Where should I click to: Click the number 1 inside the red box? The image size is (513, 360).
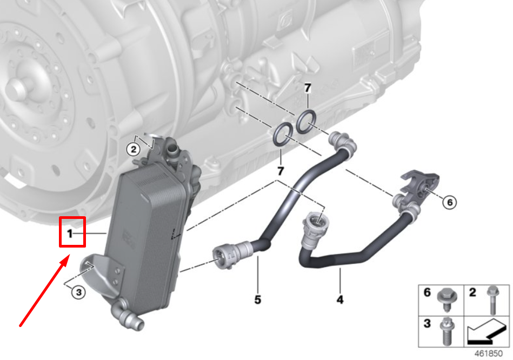[69, 234]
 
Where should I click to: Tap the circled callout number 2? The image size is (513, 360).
[133, 150]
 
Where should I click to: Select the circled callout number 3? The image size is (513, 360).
[78, 291]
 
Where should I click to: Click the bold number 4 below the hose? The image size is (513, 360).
[340, 299]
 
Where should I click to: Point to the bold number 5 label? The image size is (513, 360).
[257, 299]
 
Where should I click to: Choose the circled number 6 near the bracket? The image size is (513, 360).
[450, 202]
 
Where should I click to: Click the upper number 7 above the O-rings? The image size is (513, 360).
[308, 88]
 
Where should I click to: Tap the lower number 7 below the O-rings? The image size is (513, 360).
[281, 170]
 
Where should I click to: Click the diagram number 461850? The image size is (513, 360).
[488, 354]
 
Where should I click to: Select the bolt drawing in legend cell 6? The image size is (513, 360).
[447, 300]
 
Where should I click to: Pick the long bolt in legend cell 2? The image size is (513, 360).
[492, 300]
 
